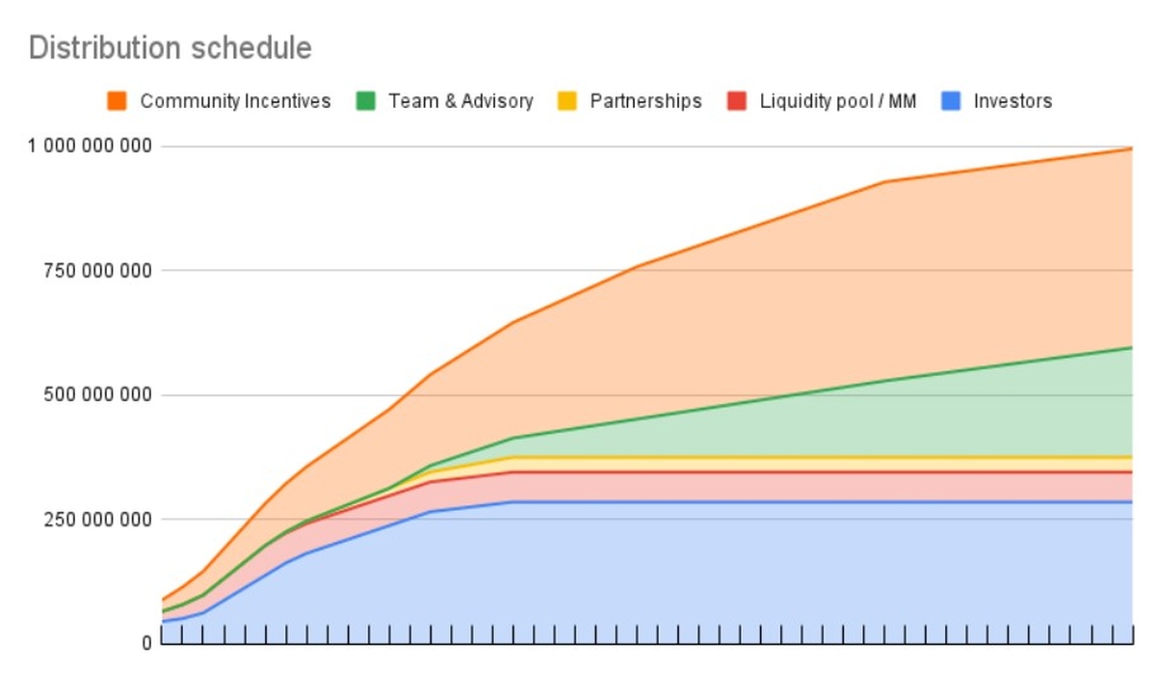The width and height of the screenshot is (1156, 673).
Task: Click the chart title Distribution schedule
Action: click(171, 47)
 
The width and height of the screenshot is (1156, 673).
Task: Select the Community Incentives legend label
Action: click(235, 100)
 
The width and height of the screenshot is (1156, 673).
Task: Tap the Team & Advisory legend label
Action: click(460, 100)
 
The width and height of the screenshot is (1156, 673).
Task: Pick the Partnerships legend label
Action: click(645, 100)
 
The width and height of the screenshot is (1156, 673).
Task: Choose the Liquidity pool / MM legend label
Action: click(837, 100)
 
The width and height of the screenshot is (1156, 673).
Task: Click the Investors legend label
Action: click(1012, 100)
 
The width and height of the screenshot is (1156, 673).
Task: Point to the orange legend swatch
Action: click(118, 100)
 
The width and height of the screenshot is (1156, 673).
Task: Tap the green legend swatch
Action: click(365, 100)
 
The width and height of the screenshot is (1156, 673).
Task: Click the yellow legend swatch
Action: click(567, 100)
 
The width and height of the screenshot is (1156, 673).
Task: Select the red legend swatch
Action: click(737, 100)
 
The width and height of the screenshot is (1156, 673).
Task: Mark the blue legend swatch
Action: click(951, 100)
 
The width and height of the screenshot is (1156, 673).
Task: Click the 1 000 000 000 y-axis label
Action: click(91, 147)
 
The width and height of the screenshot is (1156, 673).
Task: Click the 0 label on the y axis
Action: click(146, 643)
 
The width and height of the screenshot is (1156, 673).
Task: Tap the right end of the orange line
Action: click(1131, 148)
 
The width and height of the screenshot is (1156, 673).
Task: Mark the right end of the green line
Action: click(1131, 347)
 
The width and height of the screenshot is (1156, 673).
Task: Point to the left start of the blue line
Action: click(163, 622)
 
